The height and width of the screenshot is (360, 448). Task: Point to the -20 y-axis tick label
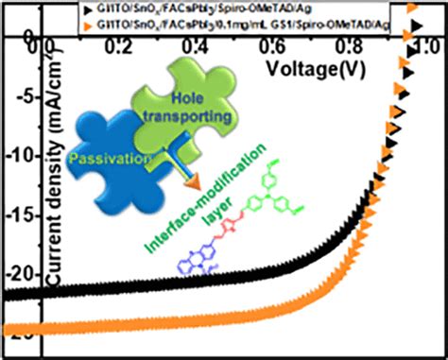[19, 274]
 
